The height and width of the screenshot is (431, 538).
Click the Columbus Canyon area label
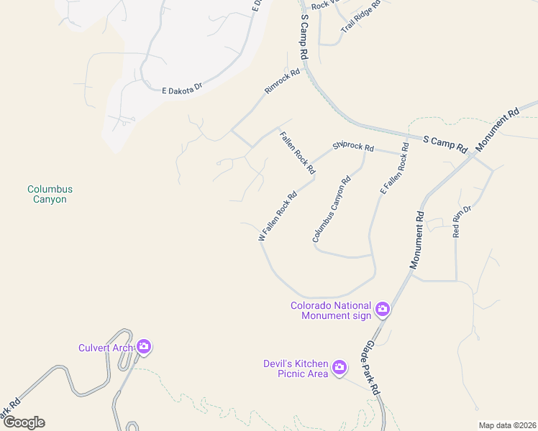[x=50, y=194]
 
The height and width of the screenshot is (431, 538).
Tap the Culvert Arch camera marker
[x=144, y=348]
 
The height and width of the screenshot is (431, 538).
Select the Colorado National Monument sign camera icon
[x=383, y=310]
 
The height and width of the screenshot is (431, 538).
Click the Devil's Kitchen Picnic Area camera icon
[x=339, y=369]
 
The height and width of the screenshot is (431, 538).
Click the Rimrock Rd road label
[x=282, y=81]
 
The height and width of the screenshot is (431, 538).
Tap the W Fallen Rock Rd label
[x=278, y=215]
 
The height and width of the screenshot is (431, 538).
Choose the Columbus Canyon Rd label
[x=332, y=209]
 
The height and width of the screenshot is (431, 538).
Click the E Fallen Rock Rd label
[x=394, y=170]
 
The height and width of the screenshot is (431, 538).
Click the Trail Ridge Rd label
[x=360, y=16]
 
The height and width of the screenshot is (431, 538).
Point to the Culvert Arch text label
[x=106, y=348]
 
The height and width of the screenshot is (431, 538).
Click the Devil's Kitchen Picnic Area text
[x=296, y=369]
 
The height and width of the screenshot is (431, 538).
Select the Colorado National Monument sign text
[x=331, y=310]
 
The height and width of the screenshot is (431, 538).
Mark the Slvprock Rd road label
[x=353, y=147]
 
